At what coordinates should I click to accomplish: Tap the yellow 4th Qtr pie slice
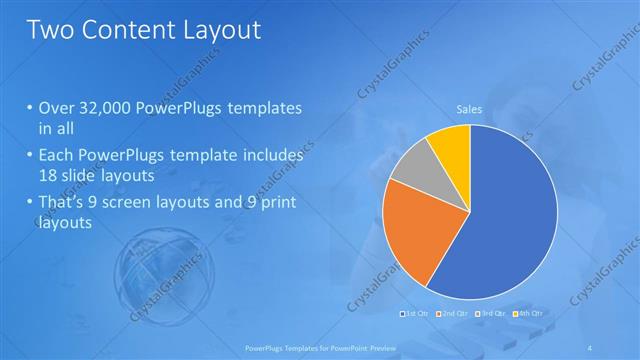tap(450, 143)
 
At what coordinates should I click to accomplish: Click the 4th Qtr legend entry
tap(527, 314)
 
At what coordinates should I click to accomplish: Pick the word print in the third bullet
tap(277, 203)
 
